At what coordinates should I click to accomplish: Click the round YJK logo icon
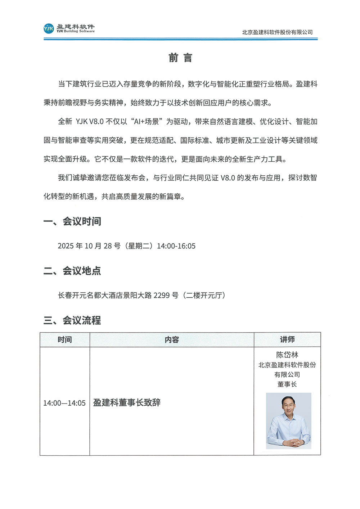49,28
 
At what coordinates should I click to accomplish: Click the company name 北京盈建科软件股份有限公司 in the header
277,32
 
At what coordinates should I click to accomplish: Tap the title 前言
180,58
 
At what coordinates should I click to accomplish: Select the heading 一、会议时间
72,221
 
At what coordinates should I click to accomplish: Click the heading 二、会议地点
72,271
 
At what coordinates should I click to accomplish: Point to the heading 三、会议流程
72,320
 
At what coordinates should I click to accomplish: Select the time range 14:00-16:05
176,246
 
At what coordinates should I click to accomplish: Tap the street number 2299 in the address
162,296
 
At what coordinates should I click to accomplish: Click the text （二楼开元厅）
204,296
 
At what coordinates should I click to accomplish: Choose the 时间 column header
65,339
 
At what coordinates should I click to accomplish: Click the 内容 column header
172,339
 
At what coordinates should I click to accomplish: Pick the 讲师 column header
287,339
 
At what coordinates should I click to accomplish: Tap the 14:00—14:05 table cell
64,403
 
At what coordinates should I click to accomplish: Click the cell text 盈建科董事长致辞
127,402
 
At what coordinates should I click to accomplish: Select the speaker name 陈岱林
287,355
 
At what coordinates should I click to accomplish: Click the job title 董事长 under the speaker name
287,384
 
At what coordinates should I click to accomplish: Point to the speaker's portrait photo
289,420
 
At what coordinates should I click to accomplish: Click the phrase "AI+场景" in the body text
147,122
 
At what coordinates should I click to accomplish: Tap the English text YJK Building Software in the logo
76,31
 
